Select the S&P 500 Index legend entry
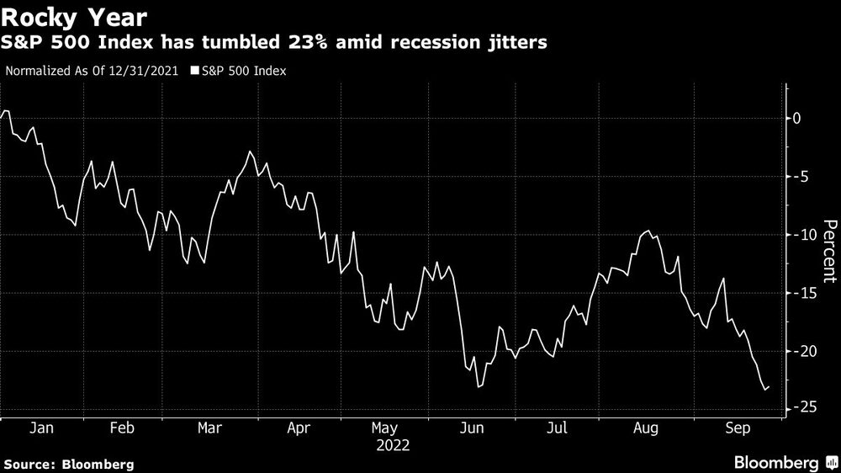click(242, 71)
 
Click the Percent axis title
click(828, 250)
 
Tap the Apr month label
click(299, 428)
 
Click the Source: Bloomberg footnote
click(68, 464)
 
